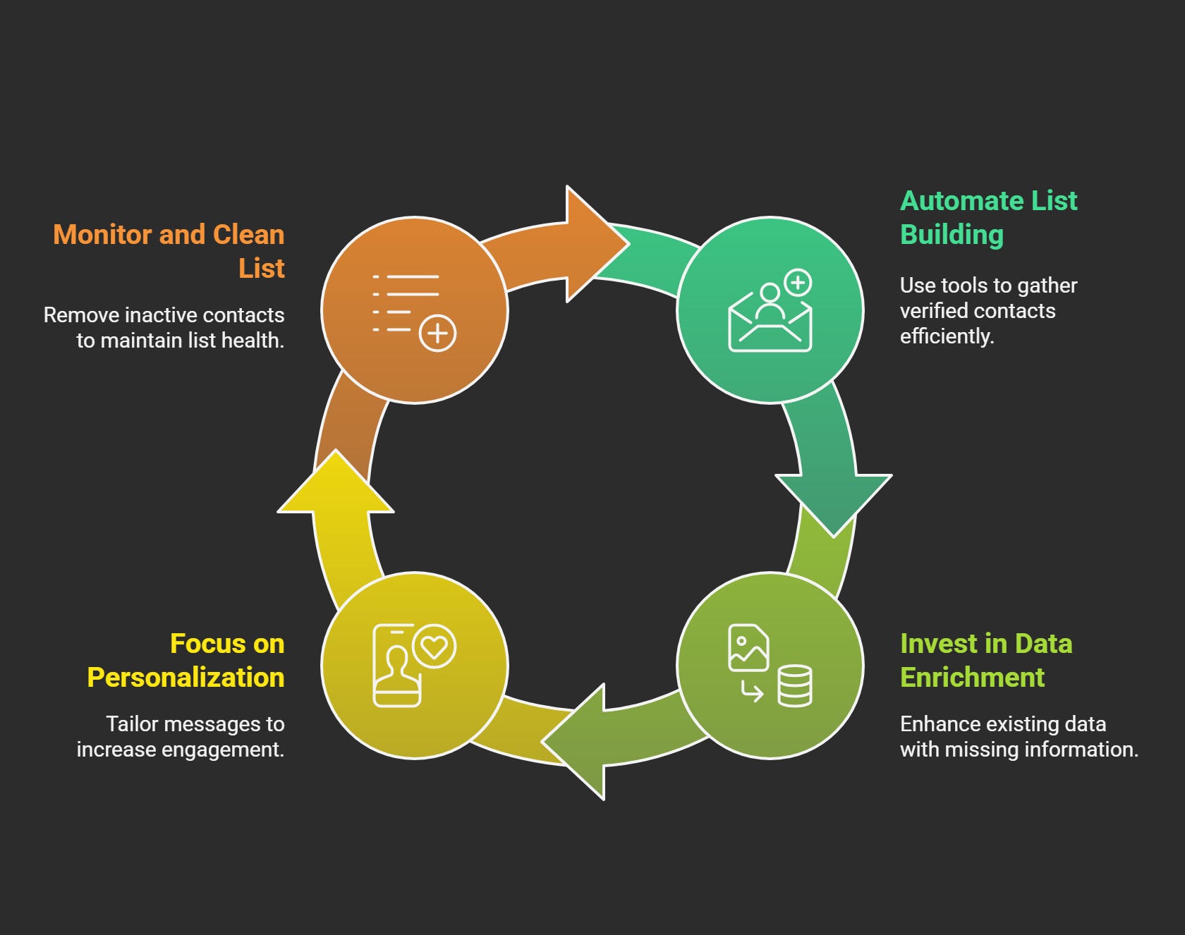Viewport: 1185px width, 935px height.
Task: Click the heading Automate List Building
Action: pos(989,218)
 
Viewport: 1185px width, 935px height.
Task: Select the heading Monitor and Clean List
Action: pos(169,252)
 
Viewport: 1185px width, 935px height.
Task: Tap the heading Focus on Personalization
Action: pos(186,661)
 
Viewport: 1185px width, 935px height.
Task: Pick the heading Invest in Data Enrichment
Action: pos(986,661)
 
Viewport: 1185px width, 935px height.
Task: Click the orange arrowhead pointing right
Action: pos(592,244)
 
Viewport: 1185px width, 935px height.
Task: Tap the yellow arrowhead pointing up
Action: pos(336,482)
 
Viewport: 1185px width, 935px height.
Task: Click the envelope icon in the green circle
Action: pos(770,323)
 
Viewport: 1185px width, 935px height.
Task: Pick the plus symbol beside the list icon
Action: pos(438,333)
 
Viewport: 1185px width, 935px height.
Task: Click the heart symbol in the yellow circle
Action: pos(435,646)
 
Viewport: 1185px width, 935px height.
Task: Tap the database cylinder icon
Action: pos(795,685)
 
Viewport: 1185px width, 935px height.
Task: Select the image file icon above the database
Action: pos(748,647)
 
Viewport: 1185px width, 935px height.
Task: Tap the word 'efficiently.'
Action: pos(947,336)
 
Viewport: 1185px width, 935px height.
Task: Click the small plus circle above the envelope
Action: pos(798,283)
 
